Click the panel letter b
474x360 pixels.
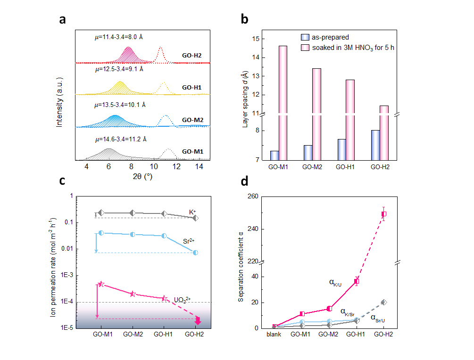click(x=245, y=19)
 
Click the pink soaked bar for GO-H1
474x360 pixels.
click(x=349, y=120)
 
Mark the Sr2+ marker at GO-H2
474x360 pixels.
click(x=196, y=253)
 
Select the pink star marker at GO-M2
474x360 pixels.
click(x=133, y=294)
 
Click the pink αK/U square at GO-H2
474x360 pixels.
click(x=384, y=214)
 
